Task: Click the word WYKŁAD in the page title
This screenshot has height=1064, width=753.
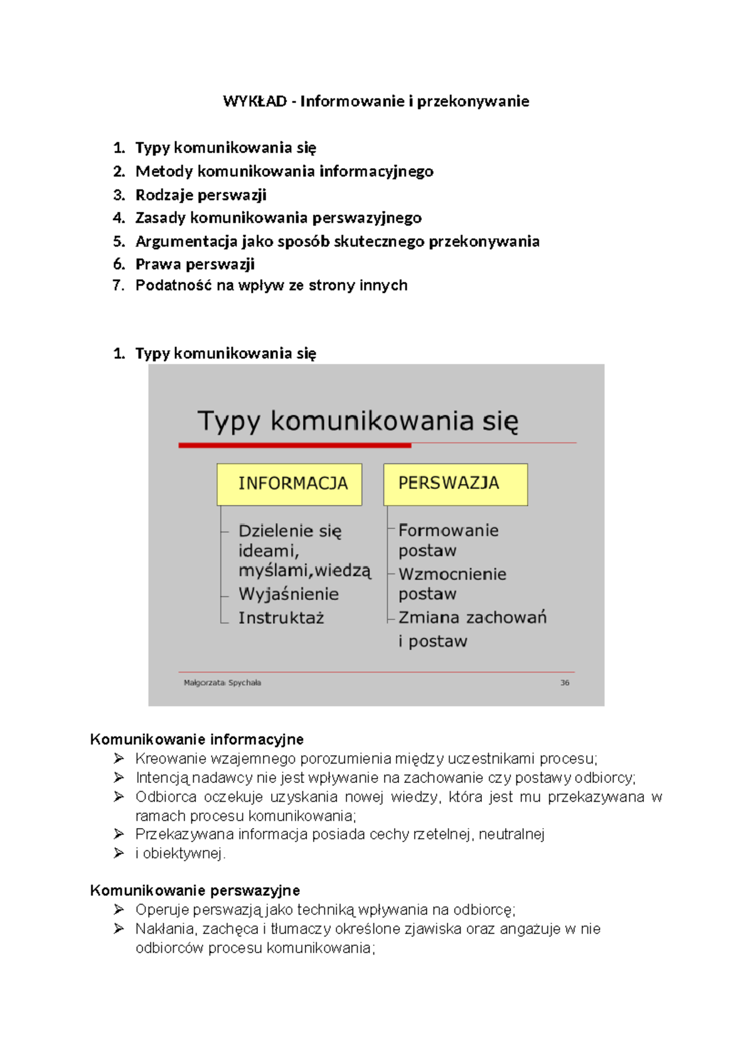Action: point(255,101)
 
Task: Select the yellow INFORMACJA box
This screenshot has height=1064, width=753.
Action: point(289,484)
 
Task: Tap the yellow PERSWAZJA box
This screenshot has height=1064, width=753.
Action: point(455,484)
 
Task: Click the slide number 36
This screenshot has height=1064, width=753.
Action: point(565,683)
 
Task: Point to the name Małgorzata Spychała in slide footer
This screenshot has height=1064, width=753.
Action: point(222,683)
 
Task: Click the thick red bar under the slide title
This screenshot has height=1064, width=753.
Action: point(294,445)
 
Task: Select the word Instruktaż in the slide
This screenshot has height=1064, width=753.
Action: point(281,618)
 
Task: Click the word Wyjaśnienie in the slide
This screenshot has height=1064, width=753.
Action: point(289,594)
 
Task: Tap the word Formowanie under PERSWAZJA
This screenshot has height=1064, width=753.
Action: point(449,531)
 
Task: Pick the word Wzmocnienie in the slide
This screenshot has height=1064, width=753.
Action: point(452,574)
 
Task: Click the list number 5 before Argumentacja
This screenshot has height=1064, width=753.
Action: point(119,242)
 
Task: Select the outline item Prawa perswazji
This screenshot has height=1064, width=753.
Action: point(195,264)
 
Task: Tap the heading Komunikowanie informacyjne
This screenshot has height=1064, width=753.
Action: point(196,739)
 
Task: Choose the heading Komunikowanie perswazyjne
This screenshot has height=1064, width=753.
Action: point(195,890)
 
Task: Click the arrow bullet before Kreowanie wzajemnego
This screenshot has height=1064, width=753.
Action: point(119,758)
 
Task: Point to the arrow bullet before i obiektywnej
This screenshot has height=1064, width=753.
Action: point(119,853)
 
